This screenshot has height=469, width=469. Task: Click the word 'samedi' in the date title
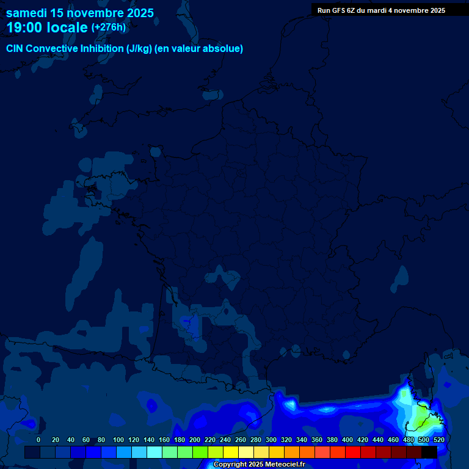click(26, 13)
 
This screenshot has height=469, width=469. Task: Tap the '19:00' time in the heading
click(24, 27)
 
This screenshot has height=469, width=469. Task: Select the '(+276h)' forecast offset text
click(108, 27)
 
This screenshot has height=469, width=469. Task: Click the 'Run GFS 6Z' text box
click(381, 10)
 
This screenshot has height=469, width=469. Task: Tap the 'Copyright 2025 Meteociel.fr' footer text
click(259, 464)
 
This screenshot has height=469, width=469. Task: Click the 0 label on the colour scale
click(38, 440)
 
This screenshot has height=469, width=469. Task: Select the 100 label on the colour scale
click(118, 440)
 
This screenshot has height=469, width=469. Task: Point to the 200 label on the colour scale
click(194, 440)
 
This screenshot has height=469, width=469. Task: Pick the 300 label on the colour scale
click(271, 440)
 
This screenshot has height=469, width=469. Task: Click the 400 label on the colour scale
click(347, 440)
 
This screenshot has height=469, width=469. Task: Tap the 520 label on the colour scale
click(438, 440)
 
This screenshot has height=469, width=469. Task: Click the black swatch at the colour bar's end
click(429, 452)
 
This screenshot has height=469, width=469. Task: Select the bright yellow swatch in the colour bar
click(230, 452)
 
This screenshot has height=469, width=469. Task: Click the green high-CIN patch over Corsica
click(421, 420)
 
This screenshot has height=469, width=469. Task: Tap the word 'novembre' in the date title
click(95, 13)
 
